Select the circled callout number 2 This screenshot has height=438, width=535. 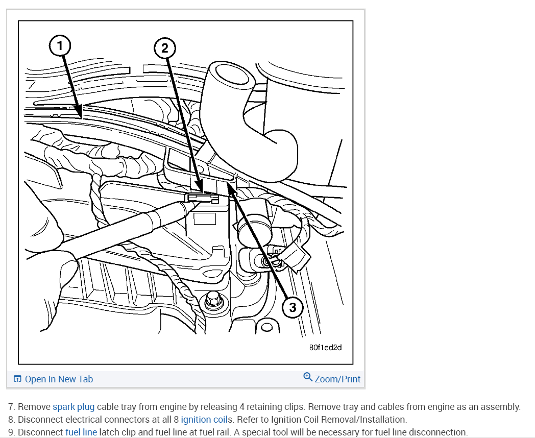[x=164, y=48]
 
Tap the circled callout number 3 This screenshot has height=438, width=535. [x=293, y=307]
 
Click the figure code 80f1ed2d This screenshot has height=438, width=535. [x=325, y=347]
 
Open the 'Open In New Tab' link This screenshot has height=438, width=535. [x=59, y=379]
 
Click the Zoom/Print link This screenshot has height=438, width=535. [x=337, y=379]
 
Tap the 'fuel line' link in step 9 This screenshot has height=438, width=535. [x=81, y=432]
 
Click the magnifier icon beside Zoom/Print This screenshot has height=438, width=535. [x=307, y=377]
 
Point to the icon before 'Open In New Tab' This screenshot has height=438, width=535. [x=18, y=379]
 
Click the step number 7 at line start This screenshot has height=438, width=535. [x=11, y=407]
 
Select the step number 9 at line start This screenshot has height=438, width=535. [x=11, y=432]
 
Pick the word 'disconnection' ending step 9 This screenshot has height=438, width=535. [x=440, y=432]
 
